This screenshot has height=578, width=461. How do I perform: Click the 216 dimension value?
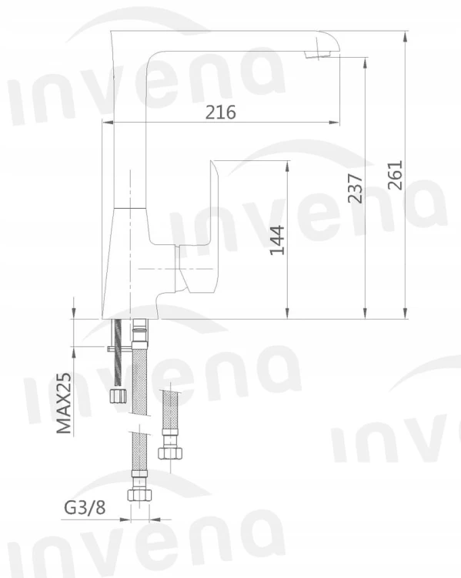coord(220,112)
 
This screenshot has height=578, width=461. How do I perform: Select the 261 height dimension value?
coord(396,175)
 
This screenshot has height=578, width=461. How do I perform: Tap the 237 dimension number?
coord(356,188)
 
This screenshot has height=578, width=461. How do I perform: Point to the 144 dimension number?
coord(277,240)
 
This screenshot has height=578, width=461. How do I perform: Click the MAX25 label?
coord(64,403)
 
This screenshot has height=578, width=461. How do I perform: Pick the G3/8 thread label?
coord(85,508)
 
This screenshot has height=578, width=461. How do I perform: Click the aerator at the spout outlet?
coord(317,54)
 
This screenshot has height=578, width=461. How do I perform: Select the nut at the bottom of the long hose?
coord(140,495)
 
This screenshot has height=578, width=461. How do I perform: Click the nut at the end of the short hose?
coord(171,453)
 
